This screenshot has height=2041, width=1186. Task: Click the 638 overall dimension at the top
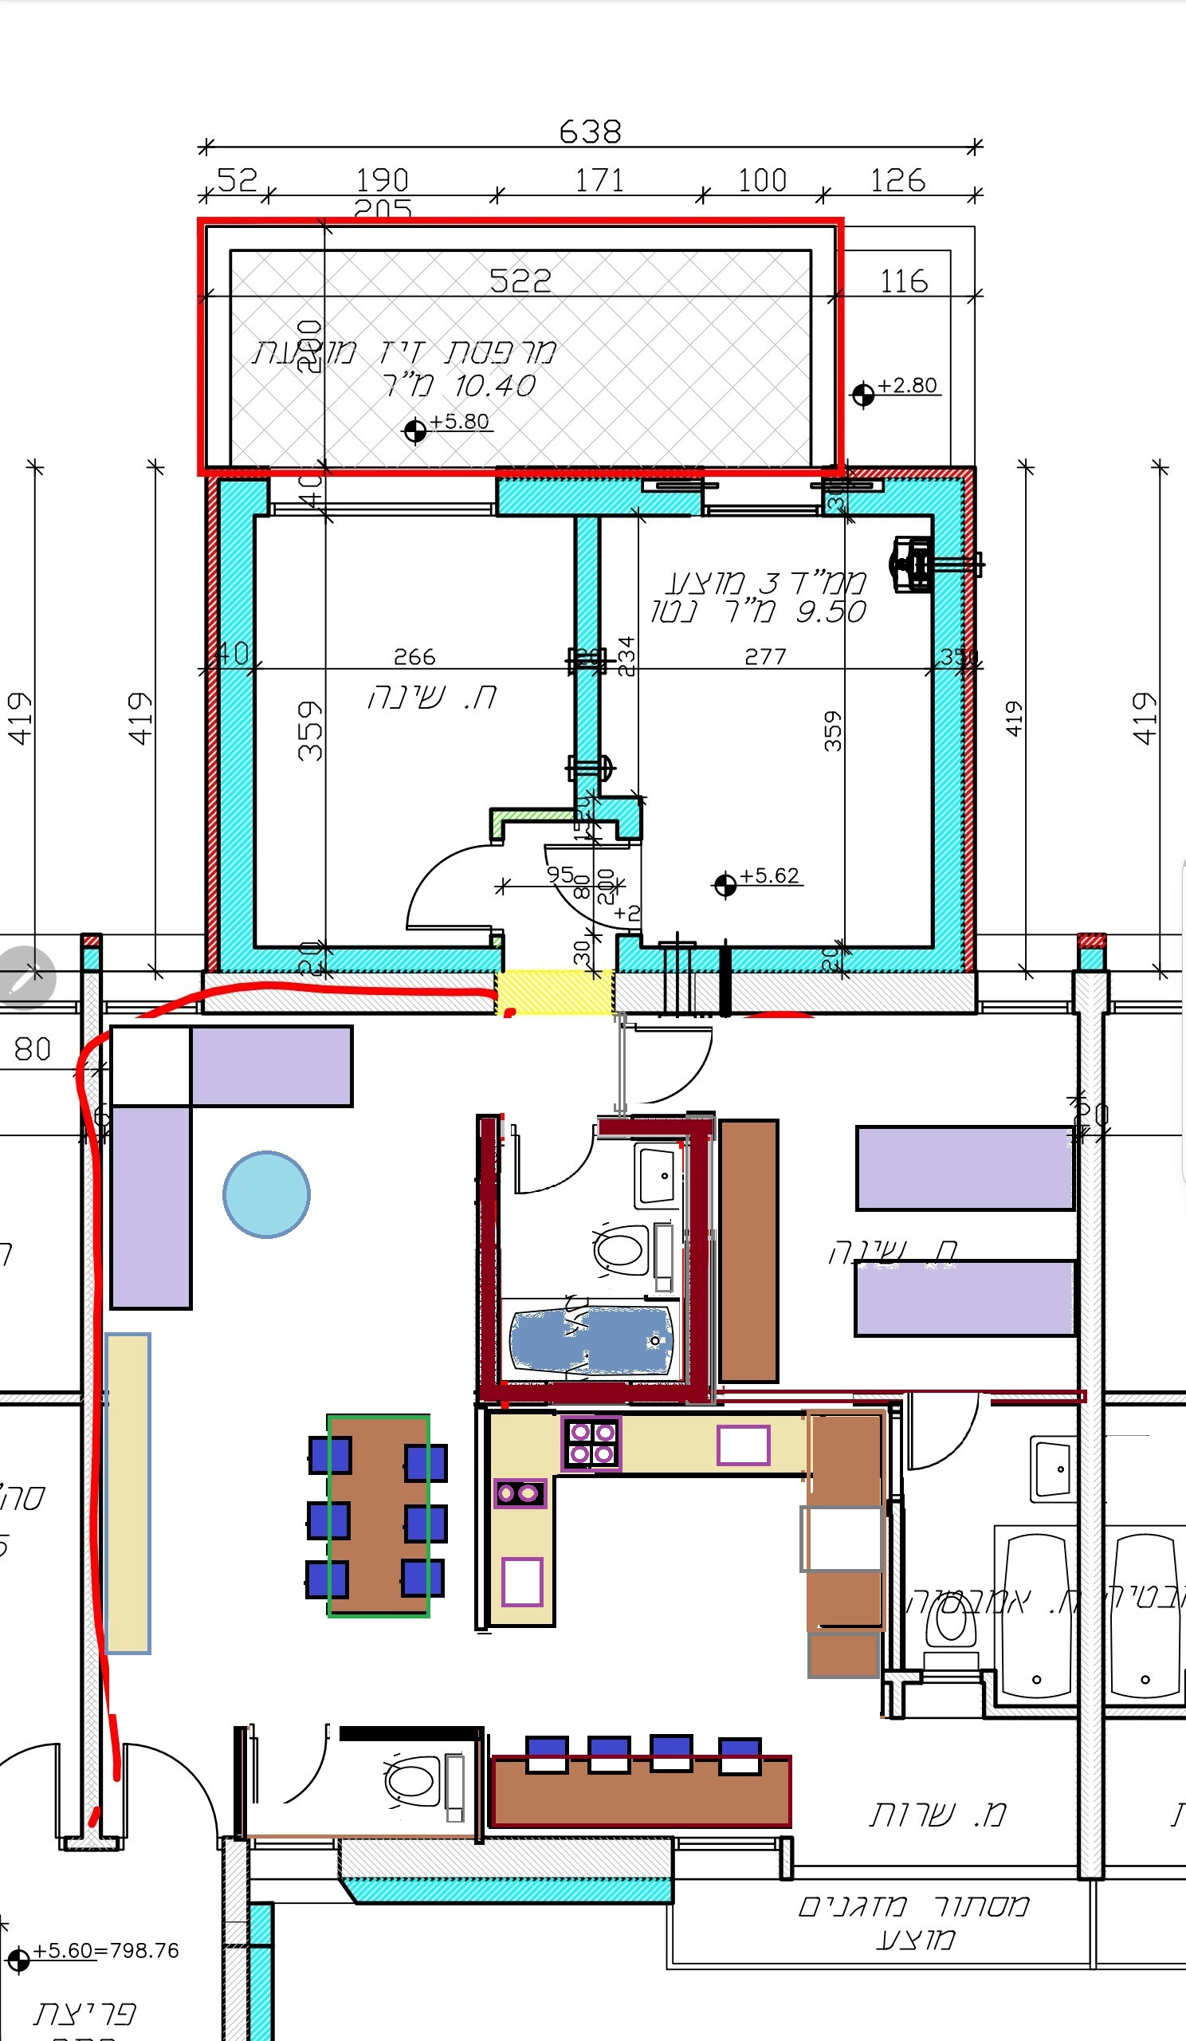[x=590, y=132]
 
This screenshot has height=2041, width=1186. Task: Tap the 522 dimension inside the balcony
[x=520, y=281]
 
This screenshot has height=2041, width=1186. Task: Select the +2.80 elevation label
[x=908, y=385]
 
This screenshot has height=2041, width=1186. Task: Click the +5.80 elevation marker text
[x=459, y=421]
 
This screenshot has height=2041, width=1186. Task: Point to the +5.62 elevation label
[x=769, y=875]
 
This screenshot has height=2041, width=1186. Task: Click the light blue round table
[x=266, y=1194]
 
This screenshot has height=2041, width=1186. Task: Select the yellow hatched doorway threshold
[x=555, y=992]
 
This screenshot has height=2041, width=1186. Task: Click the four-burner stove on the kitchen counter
[x=591, y=1443]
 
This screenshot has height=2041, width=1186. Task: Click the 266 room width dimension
[x=414, y=656]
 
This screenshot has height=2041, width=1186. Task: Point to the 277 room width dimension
[x=765, y=656]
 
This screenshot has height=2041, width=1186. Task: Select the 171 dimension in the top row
[x=600, y=180]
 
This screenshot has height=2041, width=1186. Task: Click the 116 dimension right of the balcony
[x=904, y=281]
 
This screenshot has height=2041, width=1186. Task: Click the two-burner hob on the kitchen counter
[x=520, y=1492]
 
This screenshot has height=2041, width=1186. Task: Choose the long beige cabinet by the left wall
[x=128, y=1492]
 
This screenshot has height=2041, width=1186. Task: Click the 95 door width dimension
[x=560, y=875]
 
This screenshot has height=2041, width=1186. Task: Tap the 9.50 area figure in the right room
[x=831, y=612]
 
